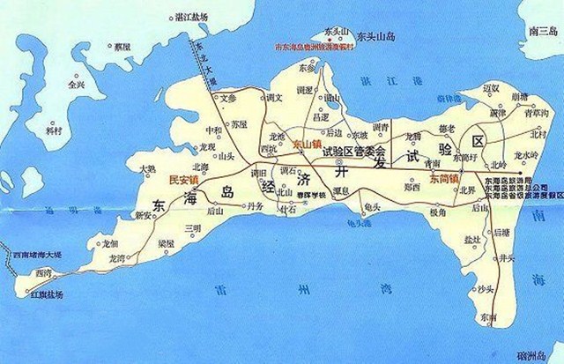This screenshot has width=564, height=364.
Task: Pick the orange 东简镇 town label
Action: click(445, 178)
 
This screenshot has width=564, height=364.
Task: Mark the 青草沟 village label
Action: click(536, 113)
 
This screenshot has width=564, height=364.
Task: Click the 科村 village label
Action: click(55, 130)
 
